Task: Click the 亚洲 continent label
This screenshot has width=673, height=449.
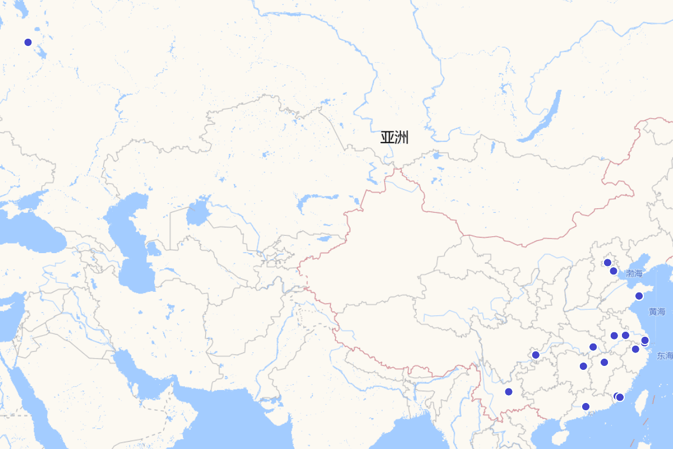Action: (x=394, y=138)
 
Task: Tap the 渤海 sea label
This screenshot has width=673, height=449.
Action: (x=634, y=273)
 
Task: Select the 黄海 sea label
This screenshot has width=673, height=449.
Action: (x=657, y=312)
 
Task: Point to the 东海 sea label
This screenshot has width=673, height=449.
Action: (x=665, y=355)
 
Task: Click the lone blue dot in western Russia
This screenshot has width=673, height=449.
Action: (x=28, y=42)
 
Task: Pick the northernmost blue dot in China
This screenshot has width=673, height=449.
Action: (x=607, y=263)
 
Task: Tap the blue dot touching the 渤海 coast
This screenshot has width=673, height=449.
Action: (x=614, y=271)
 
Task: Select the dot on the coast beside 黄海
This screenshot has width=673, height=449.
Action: (x=639, y=296)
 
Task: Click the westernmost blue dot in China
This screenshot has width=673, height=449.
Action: (x=509, y=392)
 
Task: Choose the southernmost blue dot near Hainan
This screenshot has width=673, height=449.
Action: (x=586, y=407)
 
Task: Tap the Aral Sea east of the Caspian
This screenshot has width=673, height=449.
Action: (x=197, y=213)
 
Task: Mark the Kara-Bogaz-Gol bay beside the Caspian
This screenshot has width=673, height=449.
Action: (x=153, y=248)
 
